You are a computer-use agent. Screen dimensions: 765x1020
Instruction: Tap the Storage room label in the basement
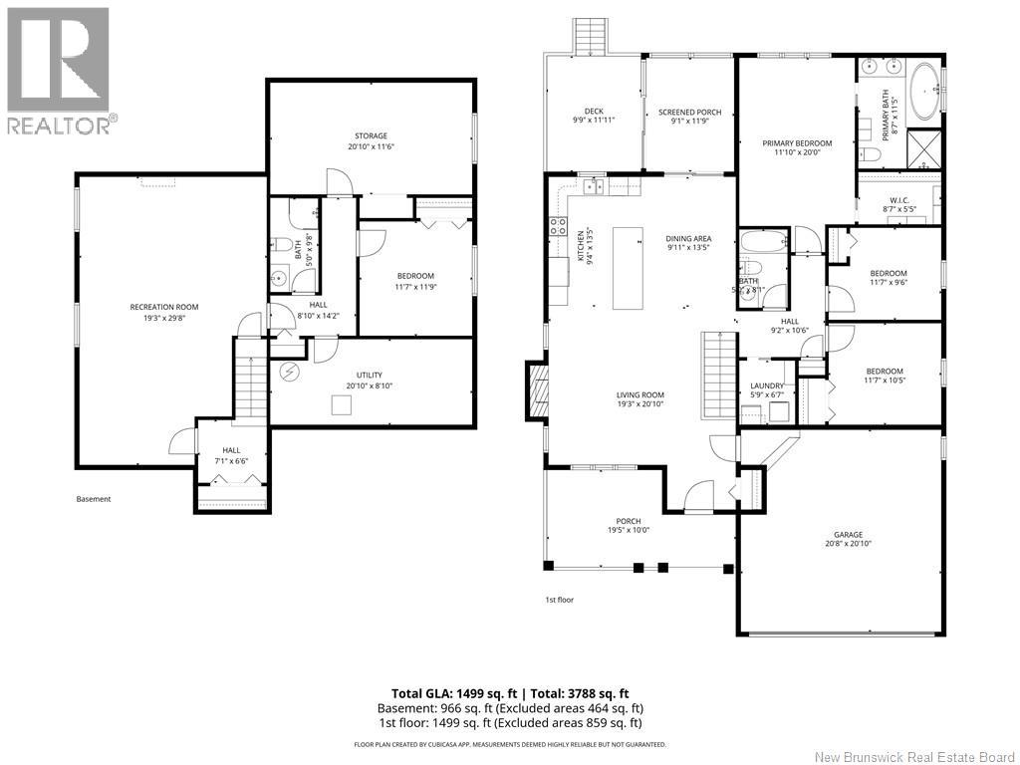coord(371,136)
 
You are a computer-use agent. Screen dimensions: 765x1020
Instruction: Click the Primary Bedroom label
coord(797,143)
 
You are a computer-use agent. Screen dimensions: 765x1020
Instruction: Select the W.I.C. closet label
coord(897,197)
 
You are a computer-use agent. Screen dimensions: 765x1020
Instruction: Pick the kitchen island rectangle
coord(629,269)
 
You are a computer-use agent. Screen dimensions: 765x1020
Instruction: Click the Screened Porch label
coord(689,113)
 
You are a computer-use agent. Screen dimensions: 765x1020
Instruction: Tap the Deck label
coord(594,112)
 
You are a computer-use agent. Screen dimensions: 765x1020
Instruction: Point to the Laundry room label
coord(767,385)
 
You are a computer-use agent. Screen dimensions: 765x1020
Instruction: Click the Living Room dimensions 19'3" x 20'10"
coord(639,404)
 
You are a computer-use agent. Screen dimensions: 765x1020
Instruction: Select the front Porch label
coord(628,521)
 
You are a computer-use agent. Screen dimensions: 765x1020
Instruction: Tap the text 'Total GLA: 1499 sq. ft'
coord(454,693)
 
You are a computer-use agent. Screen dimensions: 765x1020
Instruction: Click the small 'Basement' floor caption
coord(94,499)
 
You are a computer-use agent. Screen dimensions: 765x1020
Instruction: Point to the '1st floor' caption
coord(559,600)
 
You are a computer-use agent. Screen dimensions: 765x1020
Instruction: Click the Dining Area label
coord(688,238)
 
